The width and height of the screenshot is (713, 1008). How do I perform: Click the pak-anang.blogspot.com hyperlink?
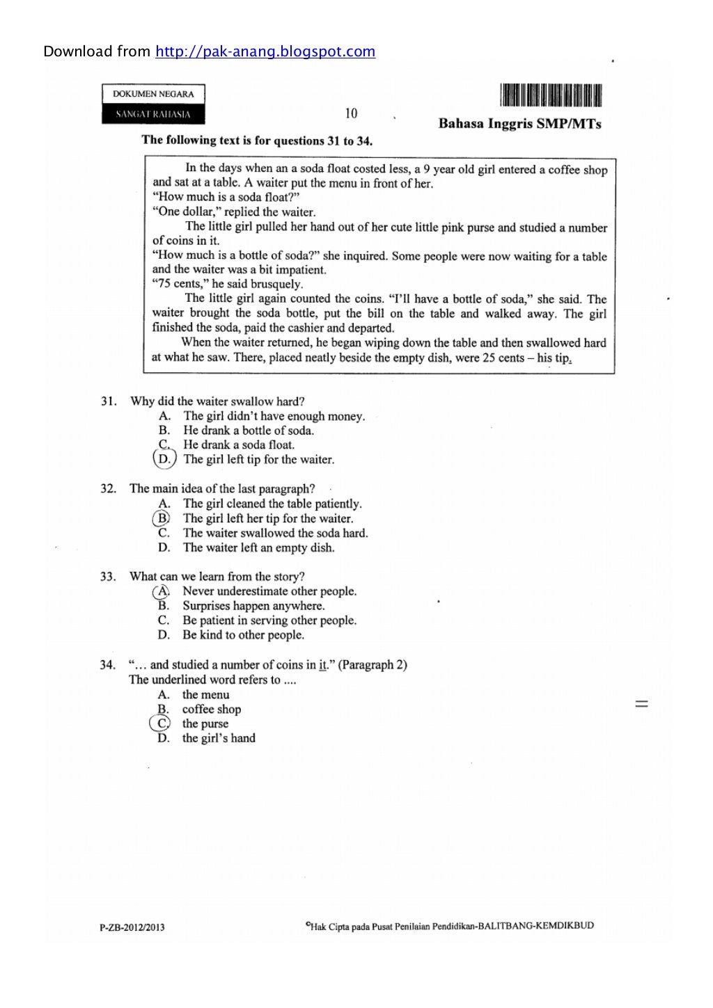pos(265,51)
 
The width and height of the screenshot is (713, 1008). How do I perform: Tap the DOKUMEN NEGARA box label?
pos(153,94)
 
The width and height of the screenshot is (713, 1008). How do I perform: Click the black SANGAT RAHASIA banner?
pos(153,114)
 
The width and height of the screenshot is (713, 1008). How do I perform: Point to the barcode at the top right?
pos(550,95)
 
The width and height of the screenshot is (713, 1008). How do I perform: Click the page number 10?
pos(351,113)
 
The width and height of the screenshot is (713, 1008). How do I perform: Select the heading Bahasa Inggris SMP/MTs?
pos(519,124)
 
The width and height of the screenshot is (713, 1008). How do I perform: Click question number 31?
pos(108,401)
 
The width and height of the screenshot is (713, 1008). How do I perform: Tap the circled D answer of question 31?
pos(164,459)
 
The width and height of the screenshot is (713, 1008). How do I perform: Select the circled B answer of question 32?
pos(162,518)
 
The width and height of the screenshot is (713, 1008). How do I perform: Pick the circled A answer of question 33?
pos(162,591)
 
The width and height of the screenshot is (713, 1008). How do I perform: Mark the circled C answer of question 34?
pos(161,723)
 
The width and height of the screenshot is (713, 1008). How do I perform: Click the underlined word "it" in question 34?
pos(322,665)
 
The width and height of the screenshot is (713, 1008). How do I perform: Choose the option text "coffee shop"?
pos(212,710)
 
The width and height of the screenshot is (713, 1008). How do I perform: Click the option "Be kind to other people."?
pos(243,635)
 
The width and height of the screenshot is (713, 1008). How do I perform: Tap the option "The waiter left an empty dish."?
pos(258,547)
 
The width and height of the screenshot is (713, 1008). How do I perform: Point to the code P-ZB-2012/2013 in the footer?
pos(132,927)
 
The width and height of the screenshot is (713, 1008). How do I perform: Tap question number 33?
pos(108,577)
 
